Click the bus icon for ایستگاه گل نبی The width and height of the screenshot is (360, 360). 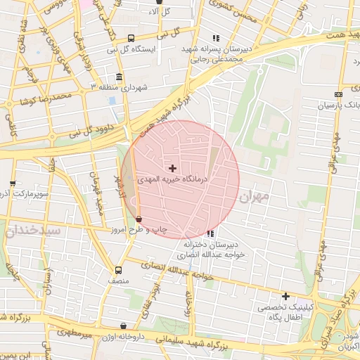(x=131, y=39)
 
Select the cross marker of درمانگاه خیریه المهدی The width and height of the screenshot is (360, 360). (x=173, y=168)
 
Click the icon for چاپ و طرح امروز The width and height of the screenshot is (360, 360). (x=138, y=219)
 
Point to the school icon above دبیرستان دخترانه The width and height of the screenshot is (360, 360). (x=210, y=233)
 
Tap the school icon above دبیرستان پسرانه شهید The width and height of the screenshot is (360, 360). (x=216, y=38)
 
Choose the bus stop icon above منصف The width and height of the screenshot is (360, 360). (x=118, y=269)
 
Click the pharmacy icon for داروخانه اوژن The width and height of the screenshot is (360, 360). (x=124, y=326)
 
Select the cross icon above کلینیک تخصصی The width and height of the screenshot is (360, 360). (x=285, y=296)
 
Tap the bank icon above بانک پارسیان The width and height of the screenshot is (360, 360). (x=339, y=94)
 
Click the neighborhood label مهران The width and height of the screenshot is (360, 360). (x=255, y=198)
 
